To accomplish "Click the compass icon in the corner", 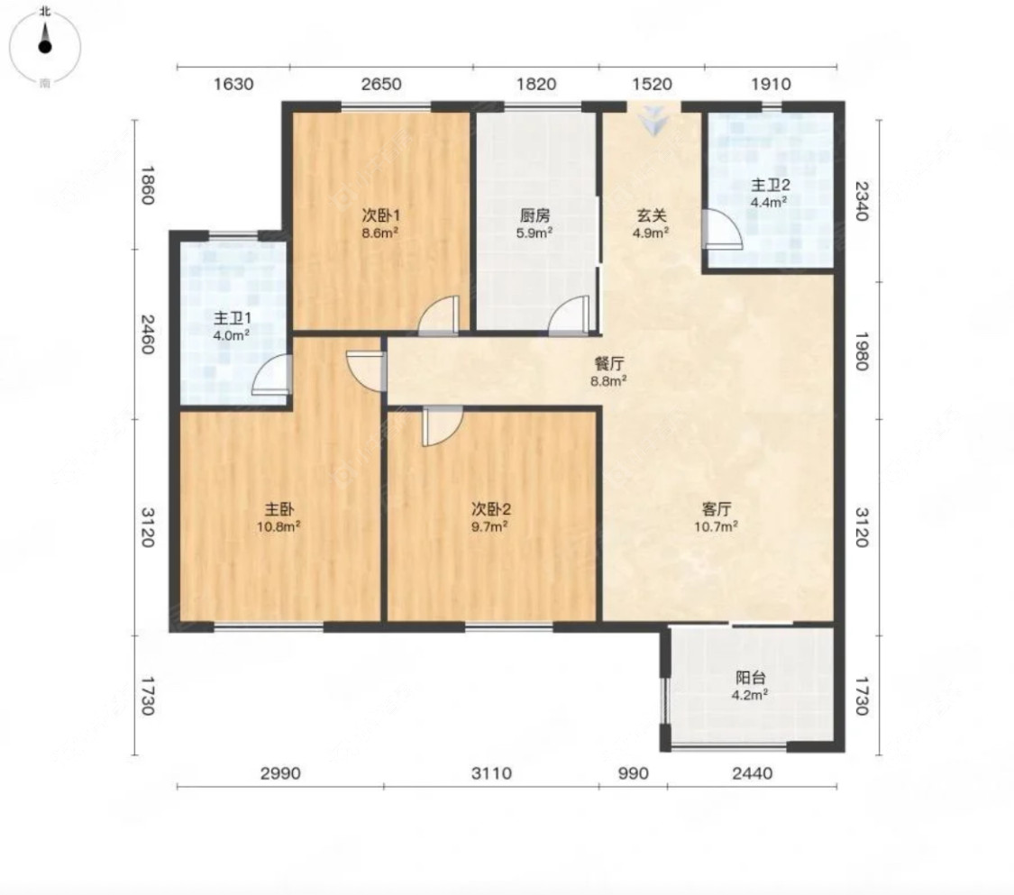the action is [45, 47].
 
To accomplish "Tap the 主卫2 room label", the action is [770, 186].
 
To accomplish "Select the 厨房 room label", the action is [534, 215].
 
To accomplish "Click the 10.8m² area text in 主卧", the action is [279, 526].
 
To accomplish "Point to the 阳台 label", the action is [750, 678].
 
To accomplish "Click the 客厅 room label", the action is [716, 509].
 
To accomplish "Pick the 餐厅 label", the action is [608, 363].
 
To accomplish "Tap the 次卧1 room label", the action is [381, 215].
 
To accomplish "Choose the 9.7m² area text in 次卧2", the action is [489, 526].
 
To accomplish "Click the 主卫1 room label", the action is [233, 318].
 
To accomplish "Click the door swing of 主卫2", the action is [723, 230].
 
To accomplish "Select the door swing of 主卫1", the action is [271, 375].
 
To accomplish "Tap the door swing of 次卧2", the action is [443, 427].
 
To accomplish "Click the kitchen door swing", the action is [569, 315].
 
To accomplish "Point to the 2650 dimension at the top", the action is [381, 84].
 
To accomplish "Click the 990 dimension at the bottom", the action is [633, 773].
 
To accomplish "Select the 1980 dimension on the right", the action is [862, 352].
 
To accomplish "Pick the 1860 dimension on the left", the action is [148, 185].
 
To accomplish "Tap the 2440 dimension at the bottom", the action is [752, 773].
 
